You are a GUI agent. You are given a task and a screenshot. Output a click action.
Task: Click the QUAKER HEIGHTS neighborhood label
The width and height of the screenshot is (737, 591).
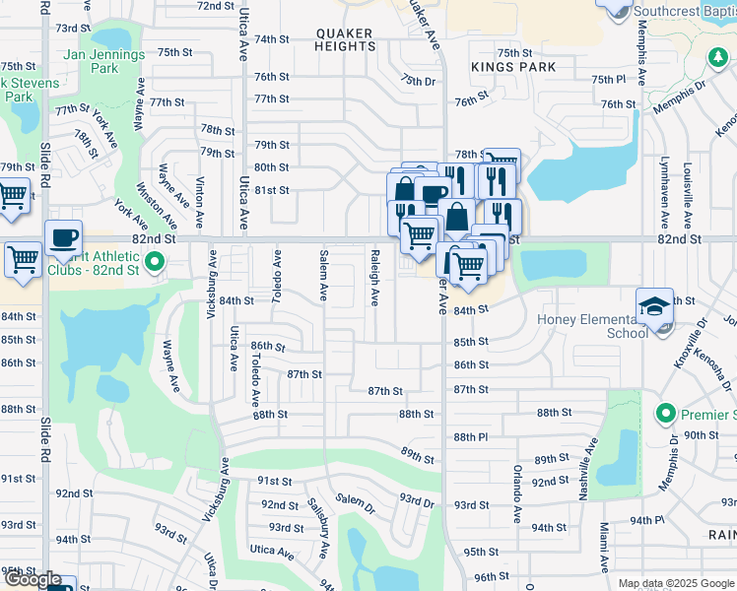click(x=345, y=39)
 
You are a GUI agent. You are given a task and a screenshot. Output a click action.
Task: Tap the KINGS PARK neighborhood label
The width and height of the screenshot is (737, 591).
click(x=513, y=67)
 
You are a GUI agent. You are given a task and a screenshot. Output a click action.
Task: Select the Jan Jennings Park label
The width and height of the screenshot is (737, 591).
click(x=103, y=62)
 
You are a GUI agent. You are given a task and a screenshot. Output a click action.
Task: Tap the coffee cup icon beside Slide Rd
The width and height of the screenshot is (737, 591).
click(x=63, y=237)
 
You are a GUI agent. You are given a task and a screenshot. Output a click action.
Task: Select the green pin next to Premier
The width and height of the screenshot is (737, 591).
click(x=664, y=412)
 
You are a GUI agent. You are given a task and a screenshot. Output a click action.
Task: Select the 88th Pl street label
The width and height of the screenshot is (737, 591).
click(x=471, y=436)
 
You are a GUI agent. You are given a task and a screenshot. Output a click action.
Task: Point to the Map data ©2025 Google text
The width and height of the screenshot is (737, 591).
click(x=675, y=583)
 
